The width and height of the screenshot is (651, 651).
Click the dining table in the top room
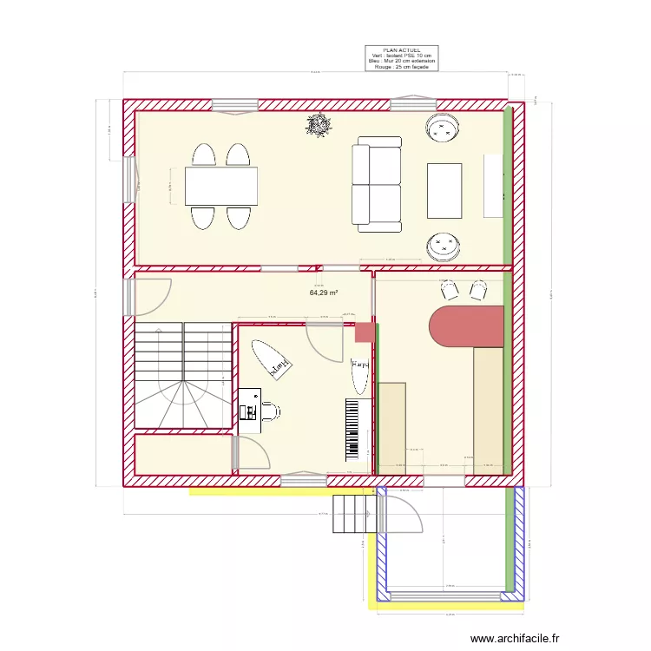tap(220, 186)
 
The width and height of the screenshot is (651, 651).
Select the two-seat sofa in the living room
tap(376, 184)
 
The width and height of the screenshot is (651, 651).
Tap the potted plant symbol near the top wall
tap(319, 126)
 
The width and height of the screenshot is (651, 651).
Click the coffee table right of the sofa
tap(444, 190)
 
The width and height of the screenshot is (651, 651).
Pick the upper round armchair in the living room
tap(443, 129)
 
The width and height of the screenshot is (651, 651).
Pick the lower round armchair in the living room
tap(443, 247)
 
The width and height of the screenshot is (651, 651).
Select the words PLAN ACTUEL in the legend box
tap(401, 50)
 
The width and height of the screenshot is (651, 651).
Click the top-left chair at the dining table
tap(203, 155)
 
